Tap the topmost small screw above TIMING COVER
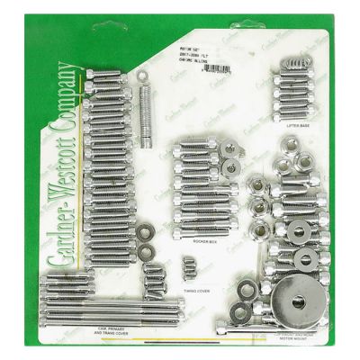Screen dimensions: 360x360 190,260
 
